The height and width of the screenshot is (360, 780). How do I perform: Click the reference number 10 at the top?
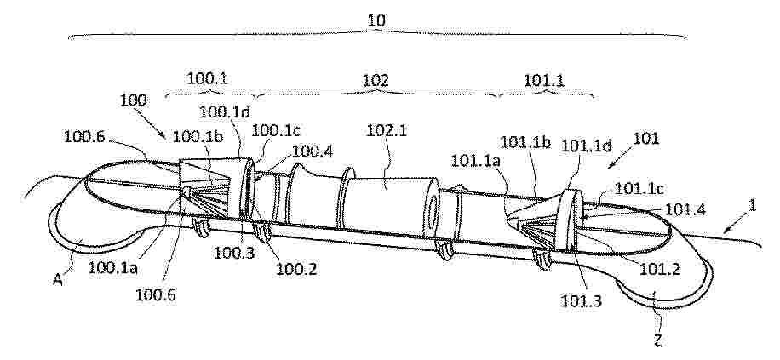[x=376, y=20]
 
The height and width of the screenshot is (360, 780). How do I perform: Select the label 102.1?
[x=387, y=131]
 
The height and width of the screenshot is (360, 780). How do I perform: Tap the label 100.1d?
[x=224, y=111]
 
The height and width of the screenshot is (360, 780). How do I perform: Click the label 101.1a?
[x=473, y=160]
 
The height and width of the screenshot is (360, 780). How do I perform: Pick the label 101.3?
[x=581, y=300]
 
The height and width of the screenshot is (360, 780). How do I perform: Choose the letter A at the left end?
[x=58, y=280]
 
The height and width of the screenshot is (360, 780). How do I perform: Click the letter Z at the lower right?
[x=657, y=340]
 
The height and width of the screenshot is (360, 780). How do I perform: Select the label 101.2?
[x=660, y=268]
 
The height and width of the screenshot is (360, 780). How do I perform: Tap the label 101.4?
[x=685, y=209]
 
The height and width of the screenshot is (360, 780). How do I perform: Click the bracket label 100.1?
[x=208, y=78]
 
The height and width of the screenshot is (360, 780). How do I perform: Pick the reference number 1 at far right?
[x=753, y=205]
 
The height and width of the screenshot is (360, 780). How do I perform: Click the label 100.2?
[x=296, y=268]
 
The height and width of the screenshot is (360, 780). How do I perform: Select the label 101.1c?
[x=639, y=188]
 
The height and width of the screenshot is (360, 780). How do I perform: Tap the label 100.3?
[x=234, y=253]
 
